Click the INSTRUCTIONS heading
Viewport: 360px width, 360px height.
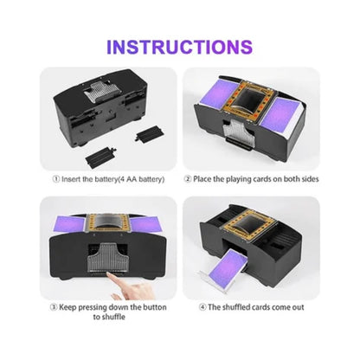(x=179, y=47)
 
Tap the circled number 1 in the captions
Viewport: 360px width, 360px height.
(x=56, y=179)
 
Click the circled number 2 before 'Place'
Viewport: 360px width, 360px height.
(x=188, y=179)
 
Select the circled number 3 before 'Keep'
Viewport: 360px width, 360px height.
(x=54, y=307)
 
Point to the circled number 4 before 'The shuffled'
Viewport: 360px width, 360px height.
(x=202, y=307)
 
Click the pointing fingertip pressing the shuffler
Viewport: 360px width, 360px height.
(x=110, y=275)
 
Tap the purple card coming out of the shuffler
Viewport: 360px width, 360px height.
(x=228, y=267)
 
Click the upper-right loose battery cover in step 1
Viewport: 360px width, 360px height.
(x=150, y=133)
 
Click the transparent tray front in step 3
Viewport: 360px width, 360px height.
(x=107, y=258)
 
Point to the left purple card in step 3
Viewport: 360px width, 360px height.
(x=69, y=224)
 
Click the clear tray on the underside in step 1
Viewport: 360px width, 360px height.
(x=102, y=91)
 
